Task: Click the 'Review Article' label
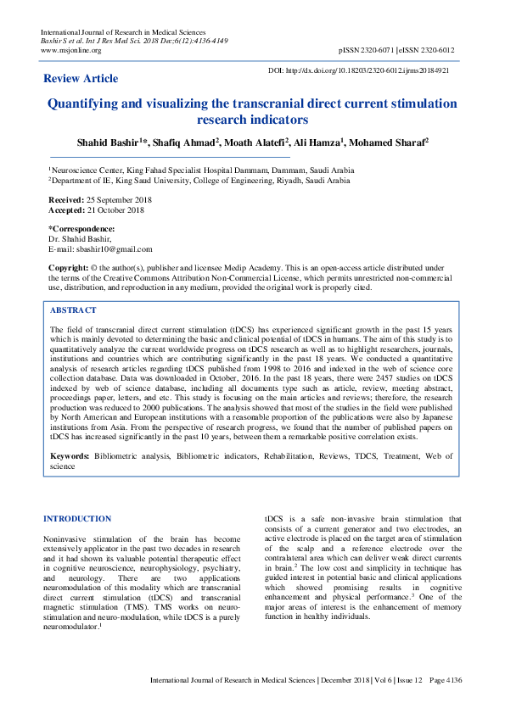point(81,78)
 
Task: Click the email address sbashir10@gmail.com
point(114,249)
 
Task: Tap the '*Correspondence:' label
point(81,229)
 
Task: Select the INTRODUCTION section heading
point(77,518)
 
